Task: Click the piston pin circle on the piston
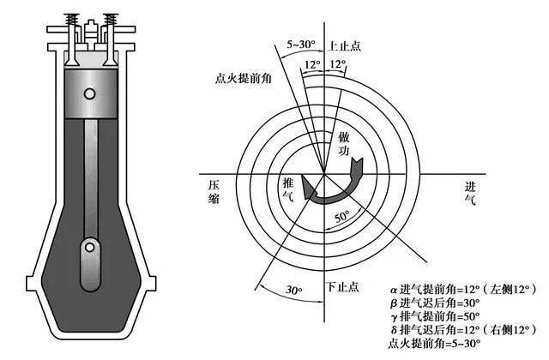[x=89, y=93]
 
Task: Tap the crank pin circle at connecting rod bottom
[x=90, y=248]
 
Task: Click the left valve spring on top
[x=72, y=20]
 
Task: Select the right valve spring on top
[x=111, y=20]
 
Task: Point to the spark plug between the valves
[x=91, y=33]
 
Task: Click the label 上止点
[x=344, y=45]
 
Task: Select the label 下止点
[x=343, y=287]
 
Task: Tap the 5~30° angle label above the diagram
[x=301, y=45]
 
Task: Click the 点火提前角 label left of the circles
[x=244, y=78]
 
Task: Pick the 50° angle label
[x=342, y=217]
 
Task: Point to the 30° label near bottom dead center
[x=294, y=290]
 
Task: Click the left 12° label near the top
[x=312, y=64]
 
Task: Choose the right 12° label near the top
[x=337, y=64]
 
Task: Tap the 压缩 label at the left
[x=214, y=192]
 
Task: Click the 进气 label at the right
[x=470, y=194]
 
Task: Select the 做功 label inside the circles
[x=344, y=143]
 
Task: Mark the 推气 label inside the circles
[x=288, y=189]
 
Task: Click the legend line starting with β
[x=435, y=303]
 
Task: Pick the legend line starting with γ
[x=435, y=316]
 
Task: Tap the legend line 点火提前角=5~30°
[x=434, y=343]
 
